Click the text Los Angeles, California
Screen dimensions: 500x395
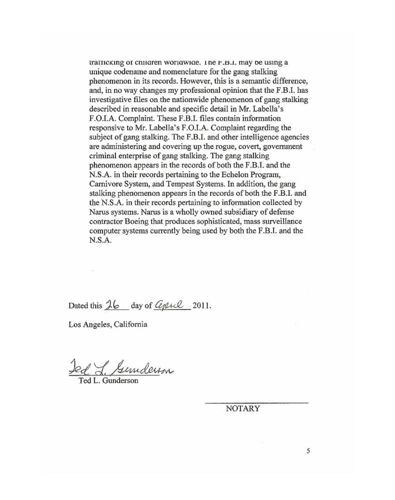[x=108, y=325]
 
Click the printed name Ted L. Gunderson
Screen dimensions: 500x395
[x=108, y=381]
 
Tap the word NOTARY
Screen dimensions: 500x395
[x=243, y=409]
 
